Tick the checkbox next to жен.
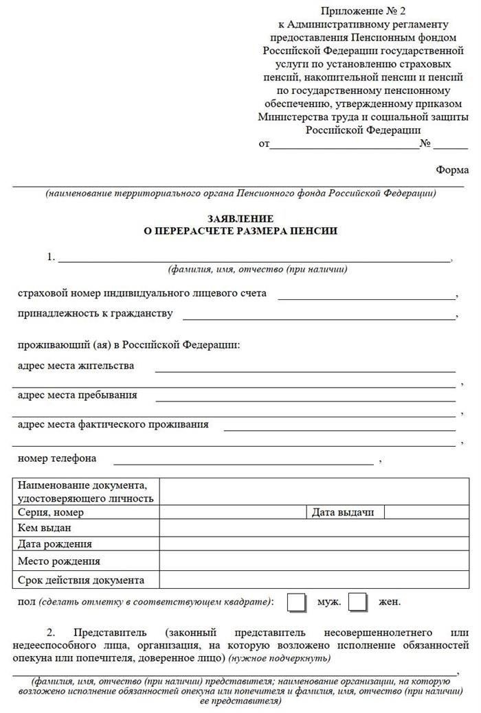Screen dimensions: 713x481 coord(358,602)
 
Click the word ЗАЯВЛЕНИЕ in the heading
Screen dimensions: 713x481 coord(240,218)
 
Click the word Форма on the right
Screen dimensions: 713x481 coord(452,170)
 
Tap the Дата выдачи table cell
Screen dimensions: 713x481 coord(343,513)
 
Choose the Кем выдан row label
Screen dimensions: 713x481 coord(45,528)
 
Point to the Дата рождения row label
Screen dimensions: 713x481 coord(55,544)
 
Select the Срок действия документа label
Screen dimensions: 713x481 coord(81,580)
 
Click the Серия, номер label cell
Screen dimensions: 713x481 coord(51,513)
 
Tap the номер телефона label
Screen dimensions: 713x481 coord(57,458)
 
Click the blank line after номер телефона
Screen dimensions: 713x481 coord(244,461)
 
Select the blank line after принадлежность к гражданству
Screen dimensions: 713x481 coord(319,317)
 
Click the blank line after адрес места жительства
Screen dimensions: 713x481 coord(305,369)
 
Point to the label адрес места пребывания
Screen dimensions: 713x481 coord(77,395)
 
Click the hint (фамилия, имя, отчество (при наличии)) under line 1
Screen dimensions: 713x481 coord(258,269)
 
